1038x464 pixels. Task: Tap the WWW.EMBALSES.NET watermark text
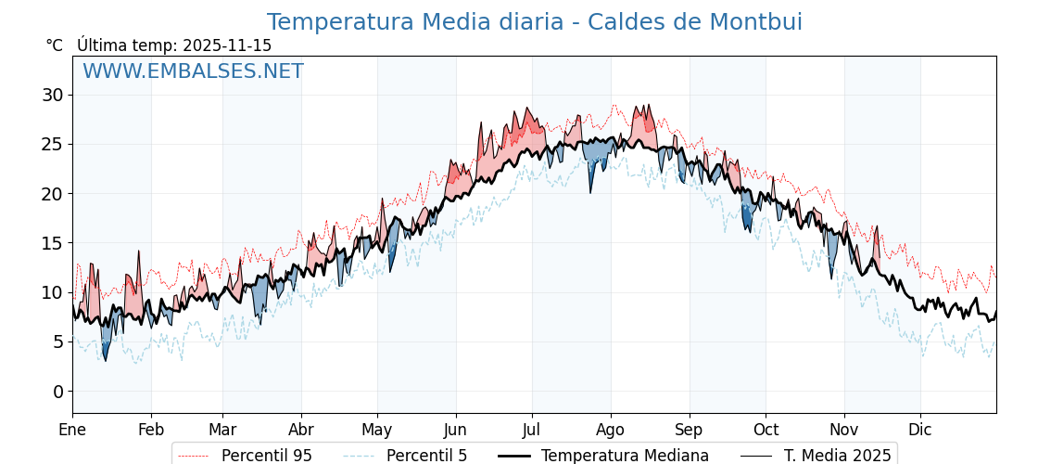coord(193,71)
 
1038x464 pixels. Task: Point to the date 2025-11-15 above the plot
coord(227,45)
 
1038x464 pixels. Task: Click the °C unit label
coord(55,45)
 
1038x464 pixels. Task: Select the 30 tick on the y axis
coord(52,95)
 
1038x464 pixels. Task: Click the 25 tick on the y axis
coord(52,144)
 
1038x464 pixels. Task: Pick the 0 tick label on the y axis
coord(57,392)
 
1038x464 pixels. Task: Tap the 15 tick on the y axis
coord(52,243)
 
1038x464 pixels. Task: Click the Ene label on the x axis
coord(72,431)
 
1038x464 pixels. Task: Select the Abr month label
coord(301,431)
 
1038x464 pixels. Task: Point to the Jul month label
coord(532,431)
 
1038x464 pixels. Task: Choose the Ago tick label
coord(611,431)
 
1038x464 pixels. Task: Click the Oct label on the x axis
coord(766,431)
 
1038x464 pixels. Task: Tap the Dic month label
coord(920,431)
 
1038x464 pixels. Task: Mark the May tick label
coord(377,431)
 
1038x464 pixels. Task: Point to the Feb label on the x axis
coord(151,431)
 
